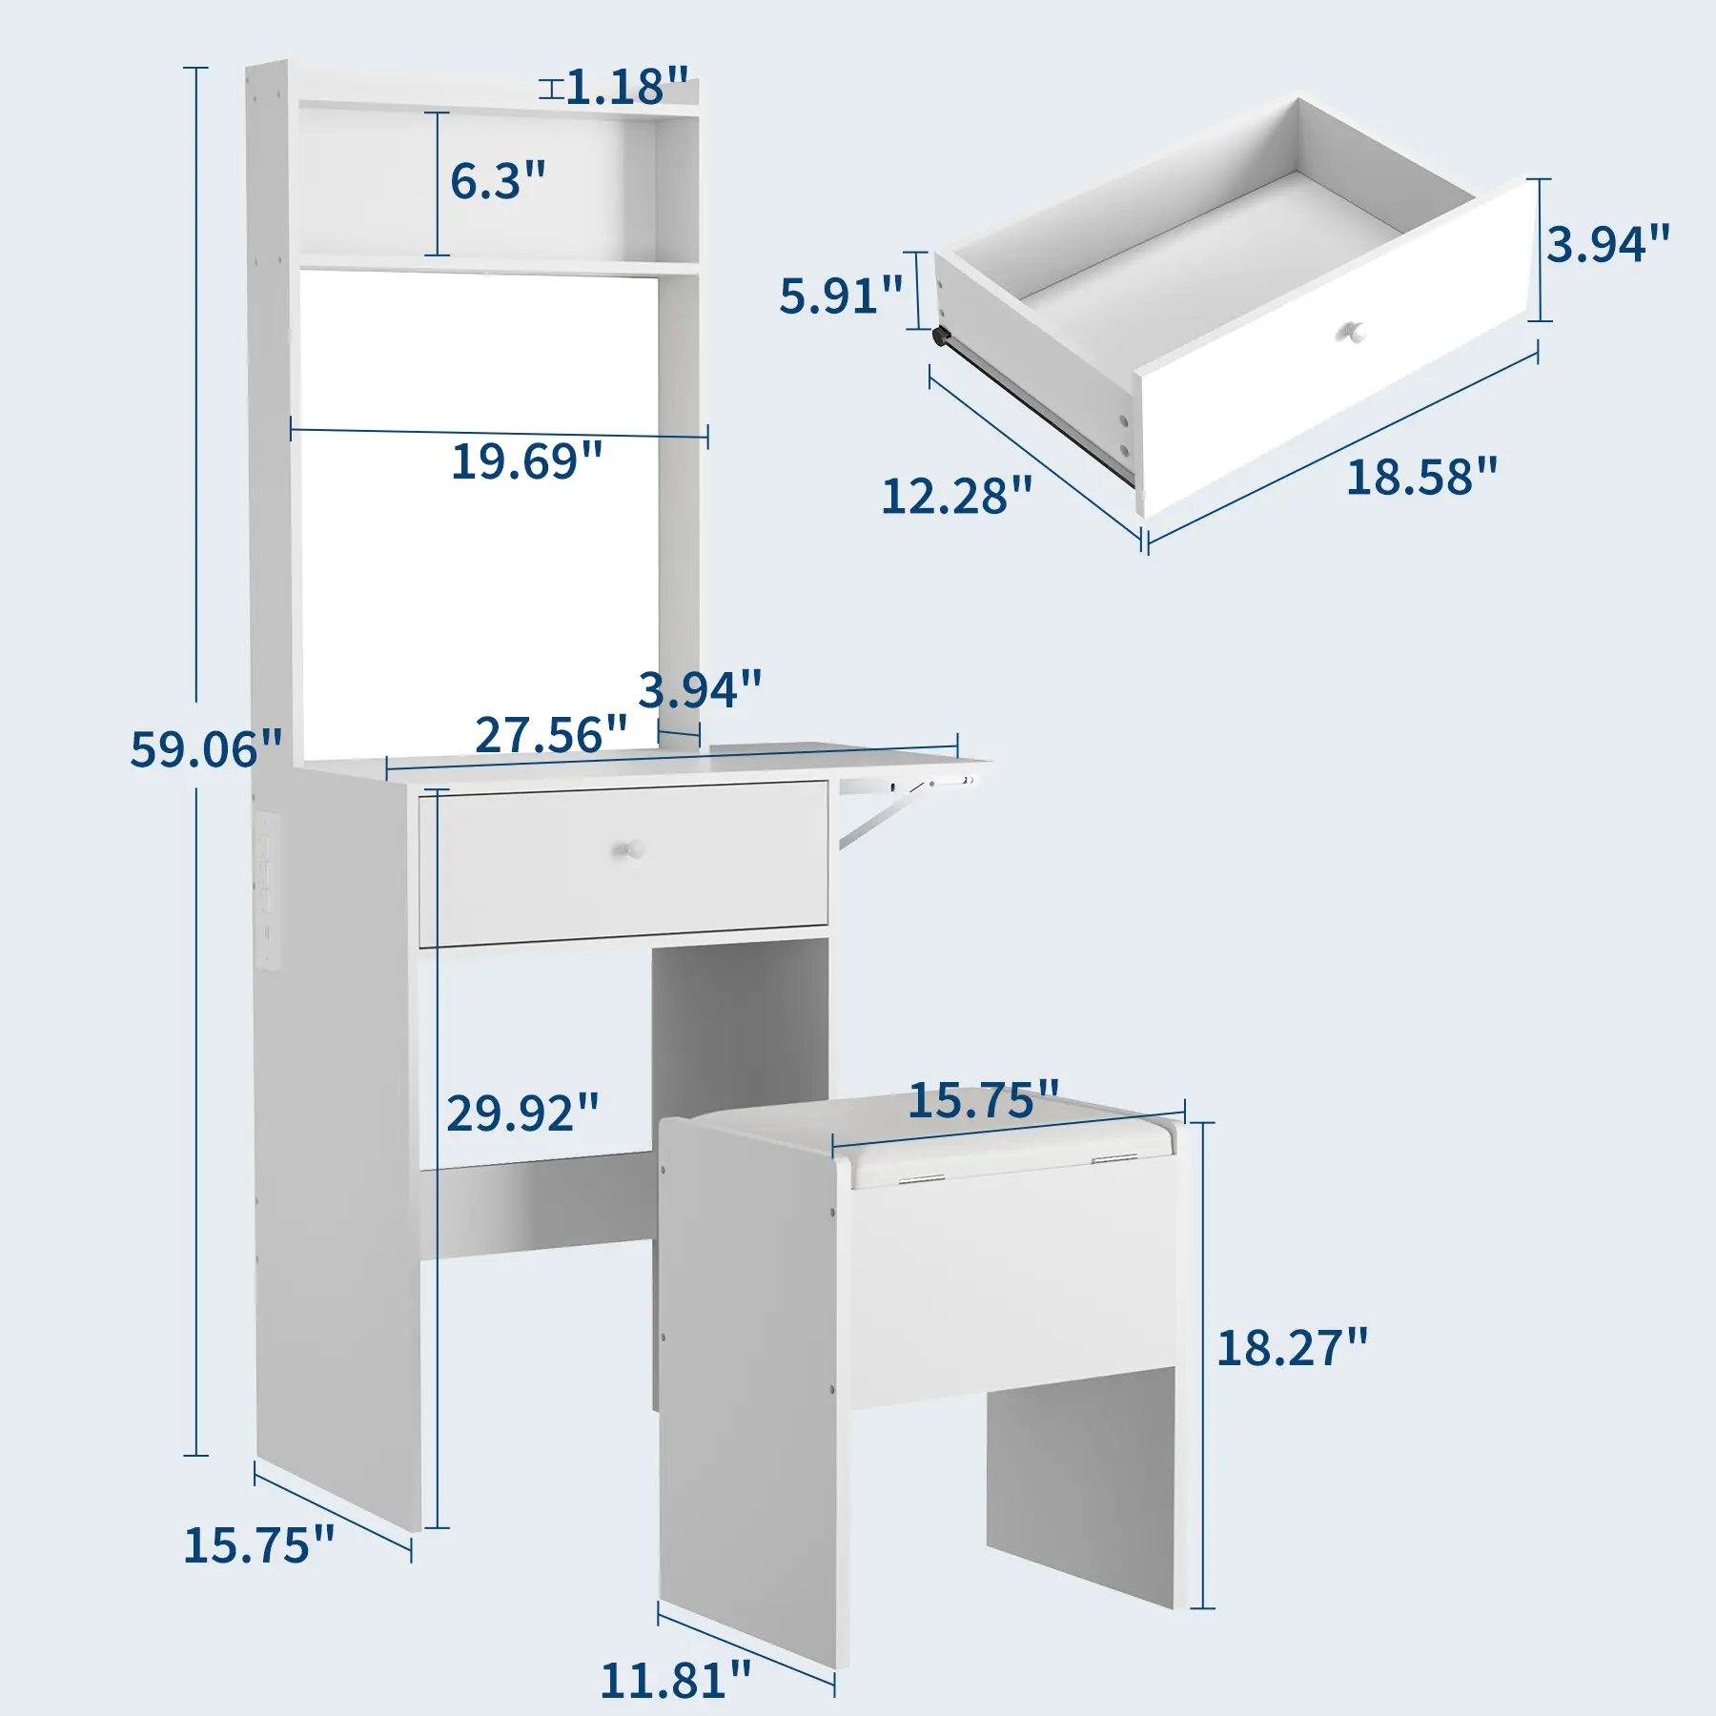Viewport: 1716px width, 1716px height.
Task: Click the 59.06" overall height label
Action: (207, 749)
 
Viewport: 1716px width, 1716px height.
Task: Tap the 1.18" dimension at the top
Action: (627, 87)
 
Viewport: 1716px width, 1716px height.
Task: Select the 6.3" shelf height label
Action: (498, 180)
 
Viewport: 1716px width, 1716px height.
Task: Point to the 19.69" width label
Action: (527, 461)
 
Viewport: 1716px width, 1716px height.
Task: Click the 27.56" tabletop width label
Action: (552, 735)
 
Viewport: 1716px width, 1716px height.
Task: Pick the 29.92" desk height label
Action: (523, 1113)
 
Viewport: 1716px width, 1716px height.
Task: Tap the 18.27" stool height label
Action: (1293, 1348)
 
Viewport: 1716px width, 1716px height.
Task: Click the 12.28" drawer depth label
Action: (957, 496)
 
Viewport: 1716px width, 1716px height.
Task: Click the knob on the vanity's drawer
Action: (629, 848)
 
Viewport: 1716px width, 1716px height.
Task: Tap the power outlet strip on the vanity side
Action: (267, 890)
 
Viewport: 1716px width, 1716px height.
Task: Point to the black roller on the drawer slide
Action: (942, 337)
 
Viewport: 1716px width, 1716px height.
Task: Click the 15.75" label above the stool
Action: (984, 1100)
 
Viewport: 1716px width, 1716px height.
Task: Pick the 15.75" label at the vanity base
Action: (259, 1544)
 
